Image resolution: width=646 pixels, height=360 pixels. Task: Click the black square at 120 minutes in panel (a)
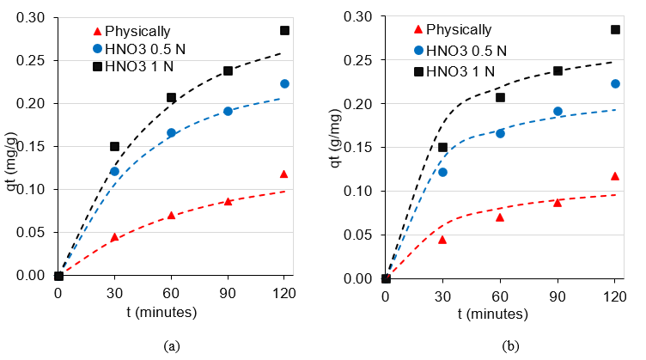click(x=284, y=30)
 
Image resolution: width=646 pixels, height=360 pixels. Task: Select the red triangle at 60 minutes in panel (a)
click(x=171, y=215)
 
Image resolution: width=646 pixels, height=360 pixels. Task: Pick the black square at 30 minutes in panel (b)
click(x=443, y=147)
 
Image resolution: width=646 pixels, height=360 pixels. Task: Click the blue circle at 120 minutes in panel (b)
click(x=615, y=83)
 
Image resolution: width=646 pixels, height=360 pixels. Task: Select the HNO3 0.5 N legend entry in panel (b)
click(x=460, y=51)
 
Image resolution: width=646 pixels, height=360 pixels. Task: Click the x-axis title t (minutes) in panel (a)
click(x=172, y=313)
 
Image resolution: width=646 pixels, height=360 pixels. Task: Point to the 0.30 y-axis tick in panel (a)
click(x=32, y=17)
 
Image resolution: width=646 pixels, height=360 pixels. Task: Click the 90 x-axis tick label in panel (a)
click(x=228, y=292)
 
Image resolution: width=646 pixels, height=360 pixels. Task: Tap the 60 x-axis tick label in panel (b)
click(x=500, y=295)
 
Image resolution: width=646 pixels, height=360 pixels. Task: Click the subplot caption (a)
click(x=171, y=345)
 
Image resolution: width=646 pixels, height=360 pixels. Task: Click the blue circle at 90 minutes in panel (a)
click(x=228, y=111)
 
